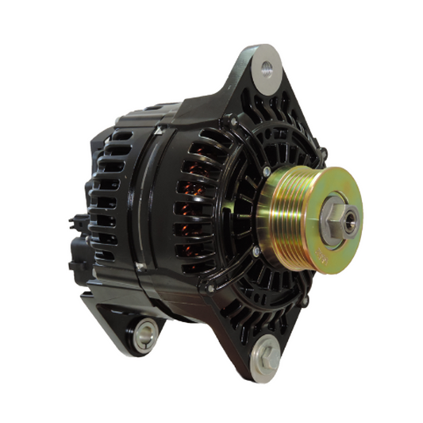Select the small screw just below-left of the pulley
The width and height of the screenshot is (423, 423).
tap(256, 252)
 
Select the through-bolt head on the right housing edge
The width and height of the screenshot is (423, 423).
tap(322, 152)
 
